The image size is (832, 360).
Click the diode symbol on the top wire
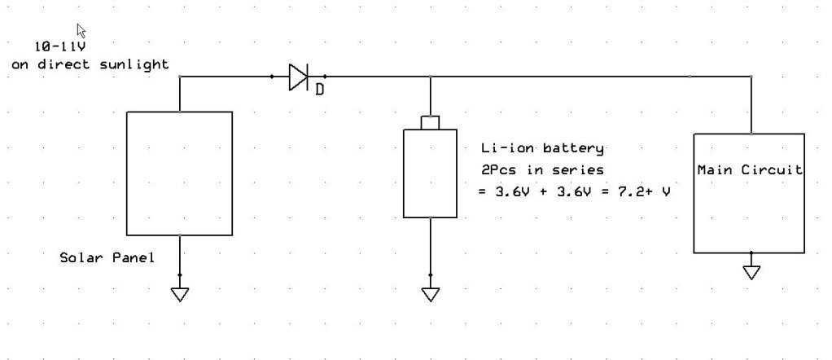point(299,77)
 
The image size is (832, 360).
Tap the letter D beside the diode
point(319,90)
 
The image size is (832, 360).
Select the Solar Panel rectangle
point(179,173)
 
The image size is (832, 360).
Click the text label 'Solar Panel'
point(107,258)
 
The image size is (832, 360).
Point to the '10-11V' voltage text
point(60,46)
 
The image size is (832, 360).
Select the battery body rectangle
point(431,173)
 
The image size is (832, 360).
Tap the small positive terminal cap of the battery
point(431,123)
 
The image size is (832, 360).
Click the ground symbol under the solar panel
point(180,294)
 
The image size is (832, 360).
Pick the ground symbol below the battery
point(431,294)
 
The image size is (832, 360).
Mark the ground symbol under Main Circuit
point(751,272)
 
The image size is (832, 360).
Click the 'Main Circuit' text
point(749,170)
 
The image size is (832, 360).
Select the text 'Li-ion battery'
point(542,148)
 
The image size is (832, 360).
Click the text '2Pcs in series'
point(541,170)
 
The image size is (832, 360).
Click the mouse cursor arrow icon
point(81,30)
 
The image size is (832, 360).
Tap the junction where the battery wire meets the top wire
point(431,77)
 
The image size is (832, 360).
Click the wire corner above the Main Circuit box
point(751,77)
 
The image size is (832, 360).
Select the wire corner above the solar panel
point(180,77)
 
